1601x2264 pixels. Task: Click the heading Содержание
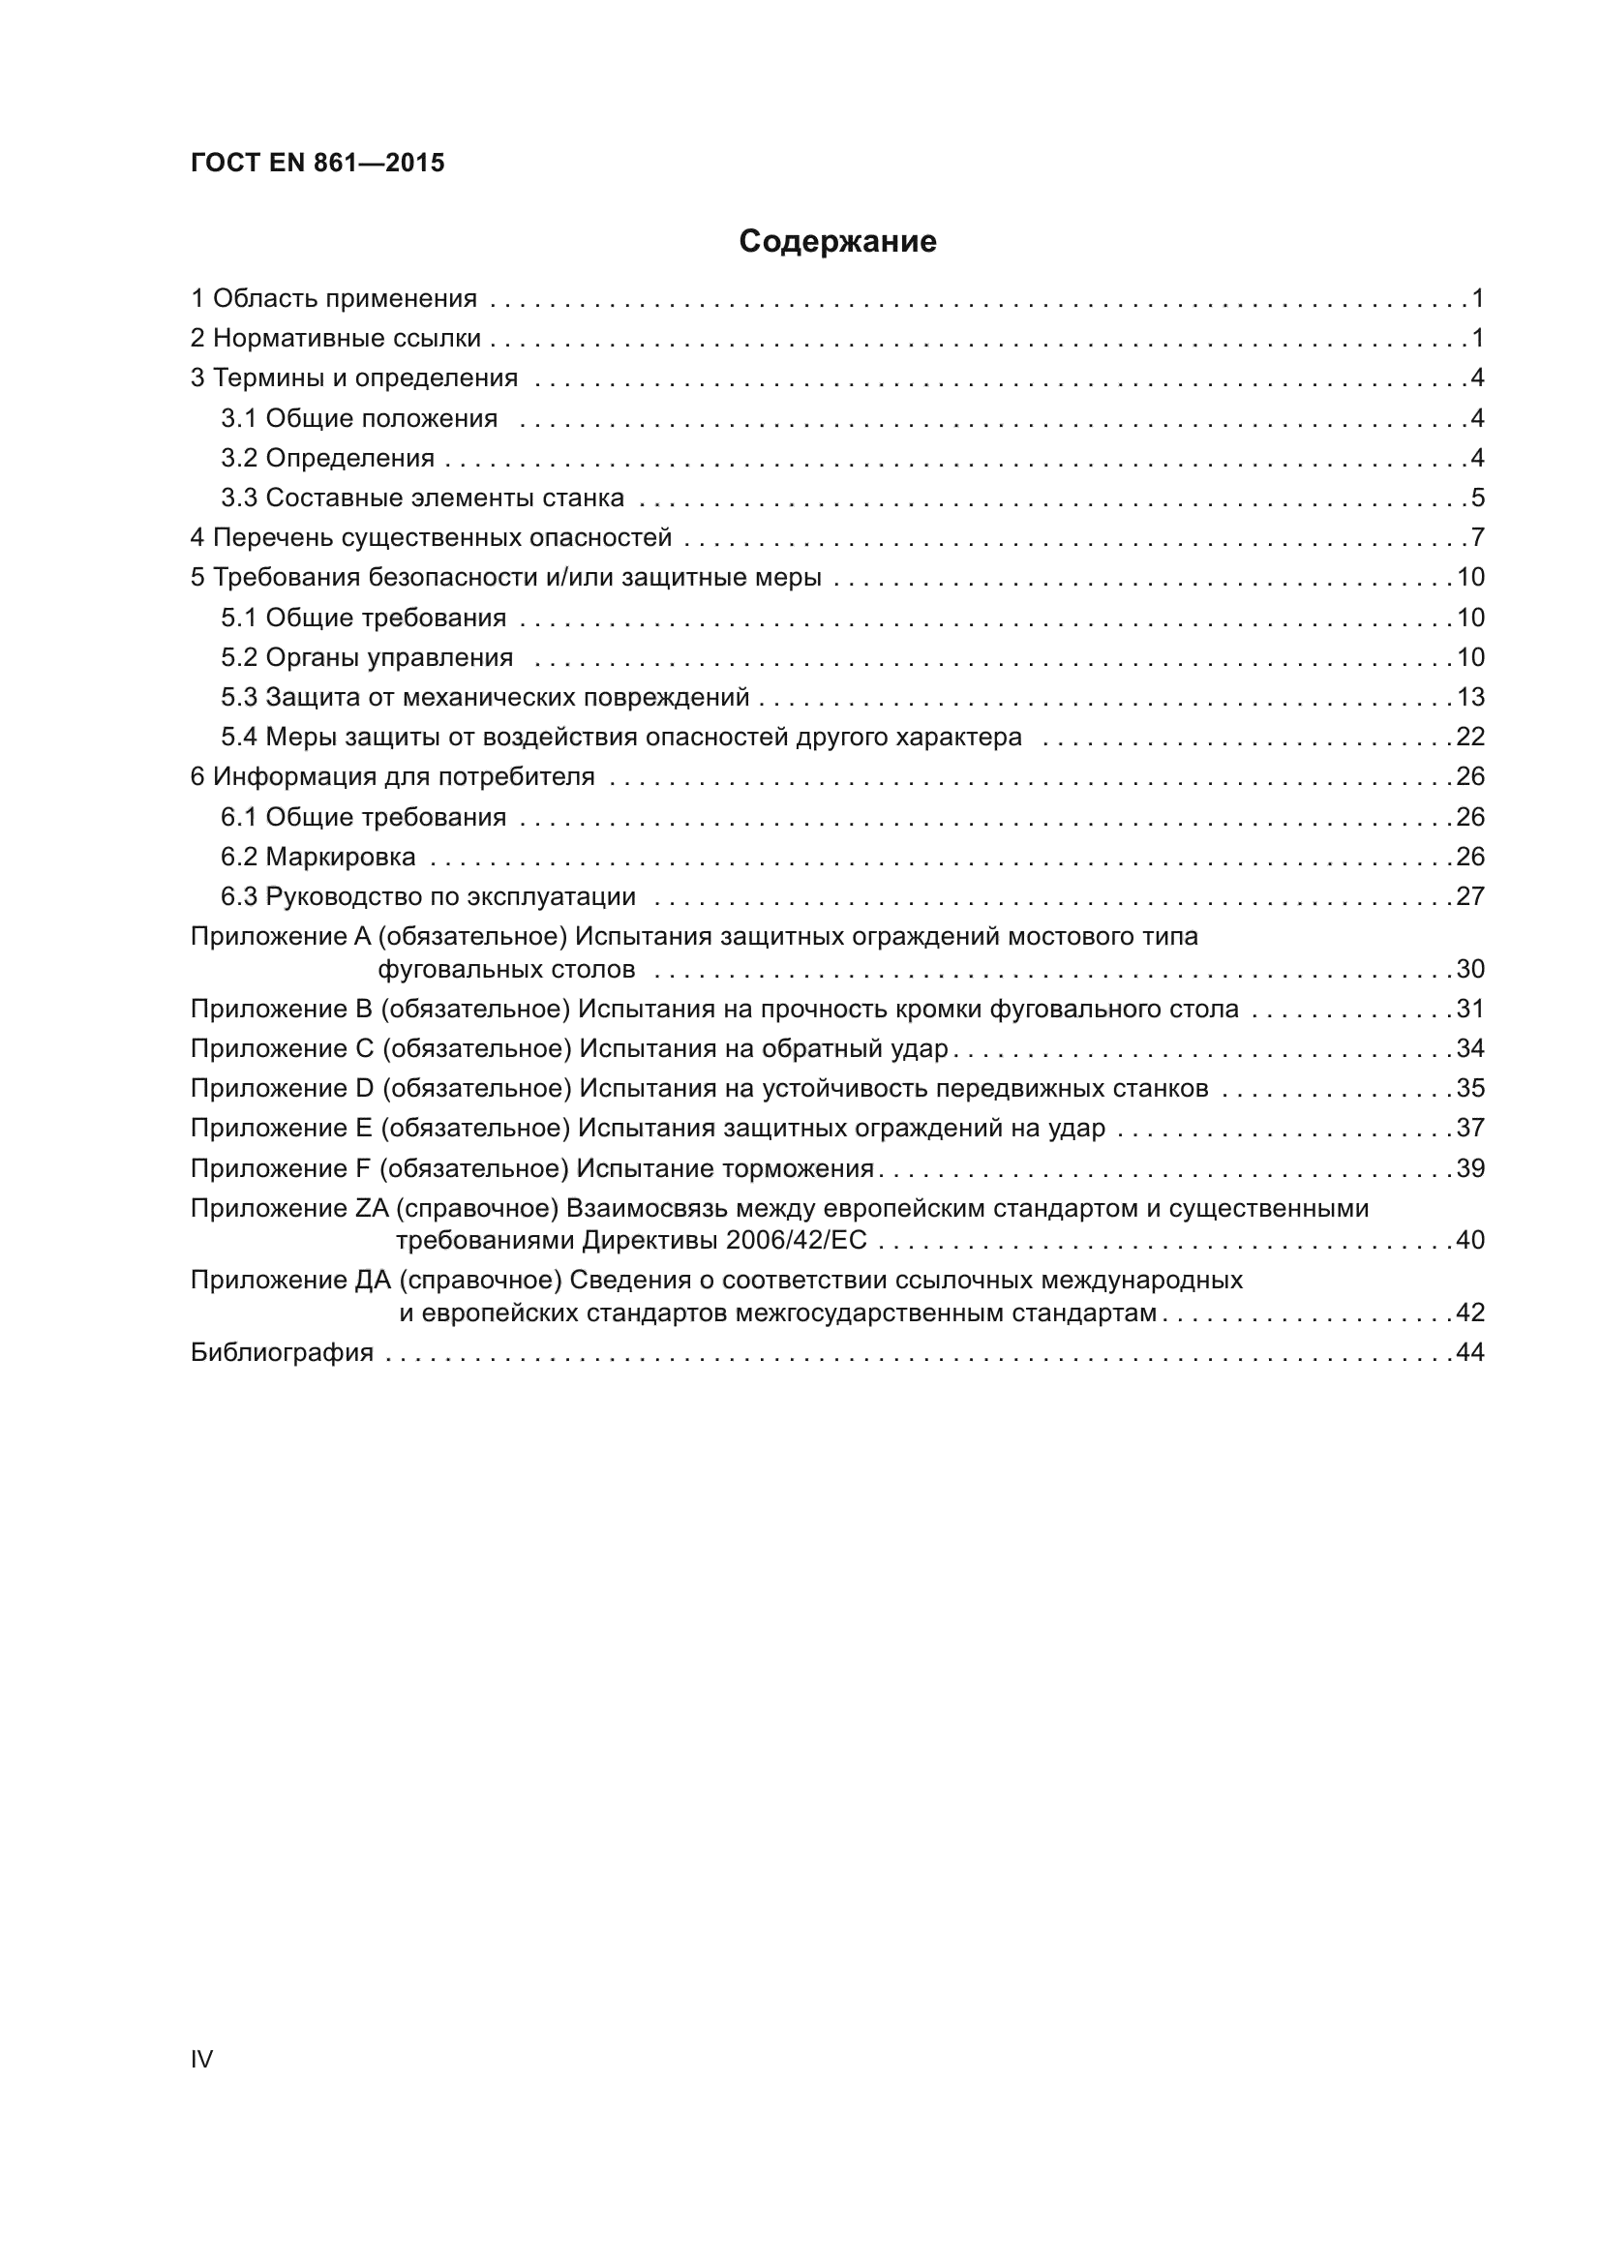point(837,242)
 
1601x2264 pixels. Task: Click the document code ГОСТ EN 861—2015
point(317,163)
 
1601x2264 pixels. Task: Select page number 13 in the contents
point(1470,697)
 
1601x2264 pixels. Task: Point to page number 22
point(1470,737)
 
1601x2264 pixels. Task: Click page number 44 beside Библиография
point(1470,1352)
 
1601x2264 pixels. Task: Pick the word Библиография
point(282,1352)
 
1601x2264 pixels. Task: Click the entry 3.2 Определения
point(327,458)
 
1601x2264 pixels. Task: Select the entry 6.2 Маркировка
point(317,856)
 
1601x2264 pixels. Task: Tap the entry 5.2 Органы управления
point(367,656)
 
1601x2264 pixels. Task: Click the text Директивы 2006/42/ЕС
point(725,1240)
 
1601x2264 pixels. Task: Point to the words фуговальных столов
point(506,969)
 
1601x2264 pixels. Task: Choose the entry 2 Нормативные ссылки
point(335,338)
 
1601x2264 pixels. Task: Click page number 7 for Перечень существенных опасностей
point(1477,537)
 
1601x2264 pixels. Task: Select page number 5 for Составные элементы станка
point(1477,497)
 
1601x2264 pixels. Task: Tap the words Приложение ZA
point(288,1208)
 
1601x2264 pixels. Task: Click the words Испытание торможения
point(725,1168)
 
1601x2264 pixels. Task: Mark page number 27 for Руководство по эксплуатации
point(1470,896)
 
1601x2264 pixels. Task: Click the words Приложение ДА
point(290,1280)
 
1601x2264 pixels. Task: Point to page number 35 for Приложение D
point(1470,1088)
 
